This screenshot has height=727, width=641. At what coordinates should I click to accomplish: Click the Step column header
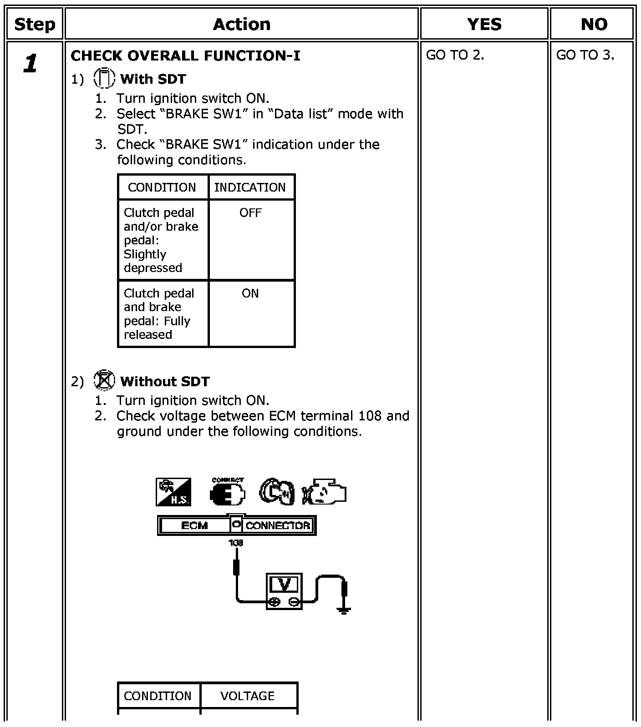point(35,24)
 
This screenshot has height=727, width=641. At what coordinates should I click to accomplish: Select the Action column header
point(241,24)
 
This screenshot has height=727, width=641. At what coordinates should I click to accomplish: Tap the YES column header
point(484,24)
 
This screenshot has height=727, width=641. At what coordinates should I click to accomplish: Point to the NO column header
point(594,24)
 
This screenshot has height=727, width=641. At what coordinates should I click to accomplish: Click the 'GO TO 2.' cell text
point(455,55)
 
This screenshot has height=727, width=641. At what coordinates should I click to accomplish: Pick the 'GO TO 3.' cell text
point(585,55)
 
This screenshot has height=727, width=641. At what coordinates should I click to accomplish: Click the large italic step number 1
point(31,63)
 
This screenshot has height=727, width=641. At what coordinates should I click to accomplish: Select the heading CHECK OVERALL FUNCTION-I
point(185,56)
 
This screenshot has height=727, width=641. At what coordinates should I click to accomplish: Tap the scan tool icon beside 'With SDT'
point(104,78)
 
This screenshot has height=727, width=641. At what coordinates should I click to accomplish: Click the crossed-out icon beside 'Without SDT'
point(104,380)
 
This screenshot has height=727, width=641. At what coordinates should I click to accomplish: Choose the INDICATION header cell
point(250,187)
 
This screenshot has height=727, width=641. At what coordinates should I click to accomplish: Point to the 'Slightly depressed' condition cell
point(161,240)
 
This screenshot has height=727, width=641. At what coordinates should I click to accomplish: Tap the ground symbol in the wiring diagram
point(344,610)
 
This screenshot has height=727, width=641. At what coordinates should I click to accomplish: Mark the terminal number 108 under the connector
point(236,543)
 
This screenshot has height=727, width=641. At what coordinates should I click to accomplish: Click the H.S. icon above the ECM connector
point(173,492)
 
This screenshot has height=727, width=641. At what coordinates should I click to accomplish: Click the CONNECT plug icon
point(228,492)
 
